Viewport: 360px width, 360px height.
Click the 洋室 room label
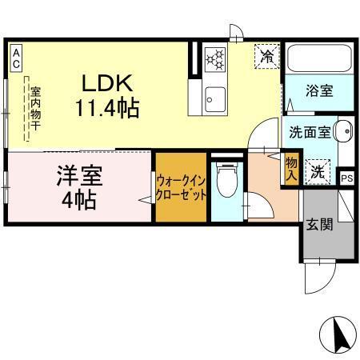point(77,176)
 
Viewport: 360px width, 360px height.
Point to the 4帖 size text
point(78,200)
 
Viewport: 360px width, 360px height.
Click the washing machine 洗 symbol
point(318,170)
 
